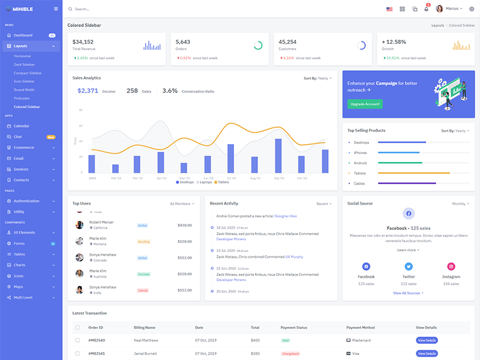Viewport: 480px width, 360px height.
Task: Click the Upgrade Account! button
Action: pyautogui.click(x=365, y=104)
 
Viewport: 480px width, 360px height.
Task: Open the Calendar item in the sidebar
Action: pyautogui.click(x=22, y=126)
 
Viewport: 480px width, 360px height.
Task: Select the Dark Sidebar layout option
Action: pyautogui.click(x=24, y=64)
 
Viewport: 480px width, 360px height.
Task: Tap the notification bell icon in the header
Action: pyautogui.click(x=426, y=9)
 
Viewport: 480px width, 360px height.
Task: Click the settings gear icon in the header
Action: pyautogui.click(x=471, y=9)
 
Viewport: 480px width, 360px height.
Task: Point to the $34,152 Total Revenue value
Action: pyautogui.click(x=83, y=42)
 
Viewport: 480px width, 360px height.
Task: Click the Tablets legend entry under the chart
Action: pyautogui.click(x=223, y=182)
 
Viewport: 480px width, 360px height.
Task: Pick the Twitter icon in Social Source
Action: pyautogui.click(x=409, y=266)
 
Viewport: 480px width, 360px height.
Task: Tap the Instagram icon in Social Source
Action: pyautogui.click(x=451, y=266)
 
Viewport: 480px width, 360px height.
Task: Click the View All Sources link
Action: pyautogui.click(x=408, y=293)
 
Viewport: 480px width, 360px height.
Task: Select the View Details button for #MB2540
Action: pyautogui.click(x=427, y=340)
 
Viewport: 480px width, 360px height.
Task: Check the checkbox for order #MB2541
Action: pyautogui.click(x=77, y=353)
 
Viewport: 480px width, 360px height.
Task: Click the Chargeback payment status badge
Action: pyautogui.click(x=290, y=353)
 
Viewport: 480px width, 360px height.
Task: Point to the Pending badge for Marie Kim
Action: pyautogui.click(x=143, y=242)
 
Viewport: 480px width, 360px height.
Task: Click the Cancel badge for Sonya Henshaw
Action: pyautogui.click(x=143, y=290)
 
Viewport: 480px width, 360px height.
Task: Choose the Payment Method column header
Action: pyautogui.click(x=360, y=328)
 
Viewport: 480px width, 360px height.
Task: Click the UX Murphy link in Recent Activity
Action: pyautogui.click(x=294, y=257)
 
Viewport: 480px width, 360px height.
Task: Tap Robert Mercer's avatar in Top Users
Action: pyautogui.click(x=79, y=225)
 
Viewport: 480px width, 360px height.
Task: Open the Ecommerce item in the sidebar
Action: pyautogui.click(x=24, y=148)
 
